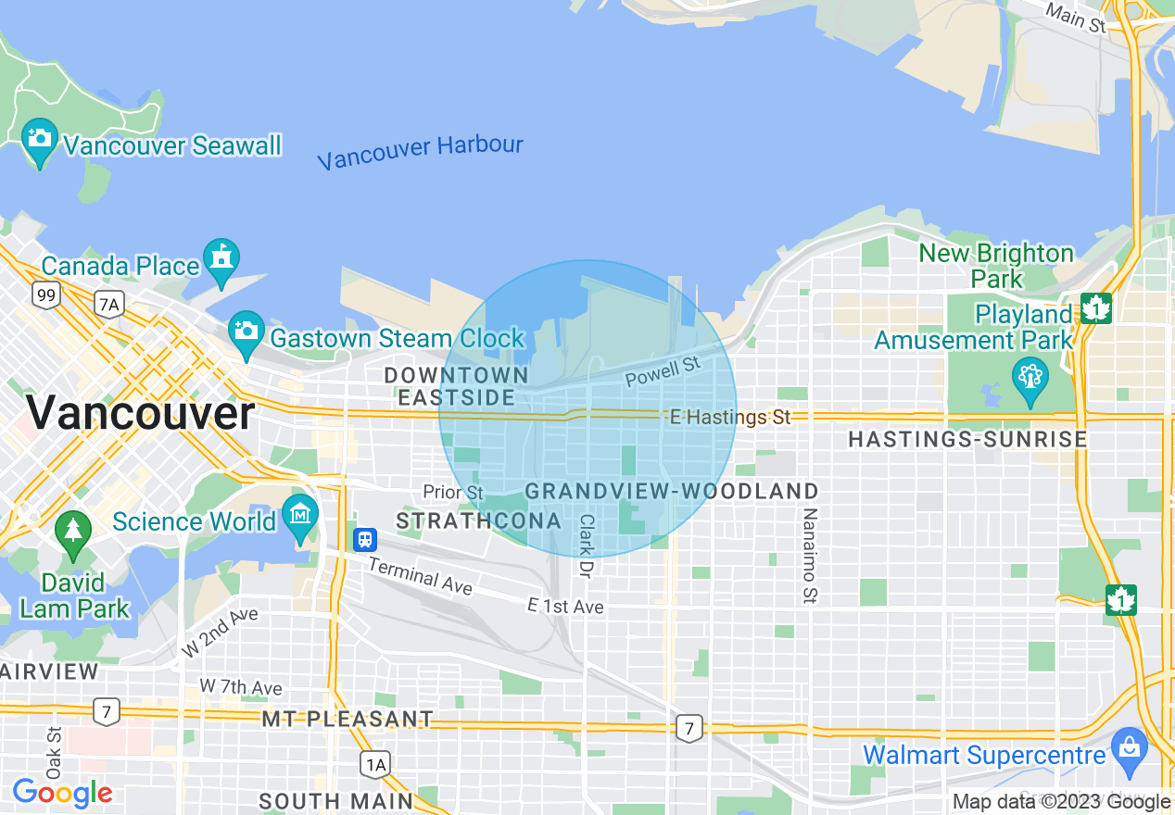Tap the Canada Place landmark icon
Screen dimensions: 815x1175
(x=221, y=260)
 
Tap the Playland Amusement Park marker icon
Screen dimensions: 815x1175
(x=1029, y=381)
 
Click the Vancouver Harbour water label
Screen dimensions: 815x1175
(x=420, y=152)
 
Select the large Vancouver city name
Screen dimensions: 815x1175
(x=140, y=413)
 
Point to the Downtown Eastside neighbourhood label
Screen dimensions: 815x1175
(x=456, y=386)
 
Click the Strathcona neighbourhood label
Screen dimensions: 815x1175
(x=478, y=520)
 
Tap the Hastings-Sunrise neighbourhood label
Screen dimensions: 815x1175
(x=967, y=439)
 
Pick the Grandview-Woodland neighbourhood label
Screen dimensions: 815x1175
(x=672, y=491)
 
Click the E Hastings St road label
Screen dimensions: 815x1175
(x=730, y=418)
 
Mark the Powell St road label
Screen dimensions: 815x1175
(x=662, y=372)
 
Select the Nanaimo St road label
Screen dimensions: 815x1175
(x=810, y=556)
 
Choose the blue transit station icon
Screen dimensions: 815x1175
(x=365, y=539)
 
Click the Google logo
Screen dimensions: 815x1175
(x=62, y=793)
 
